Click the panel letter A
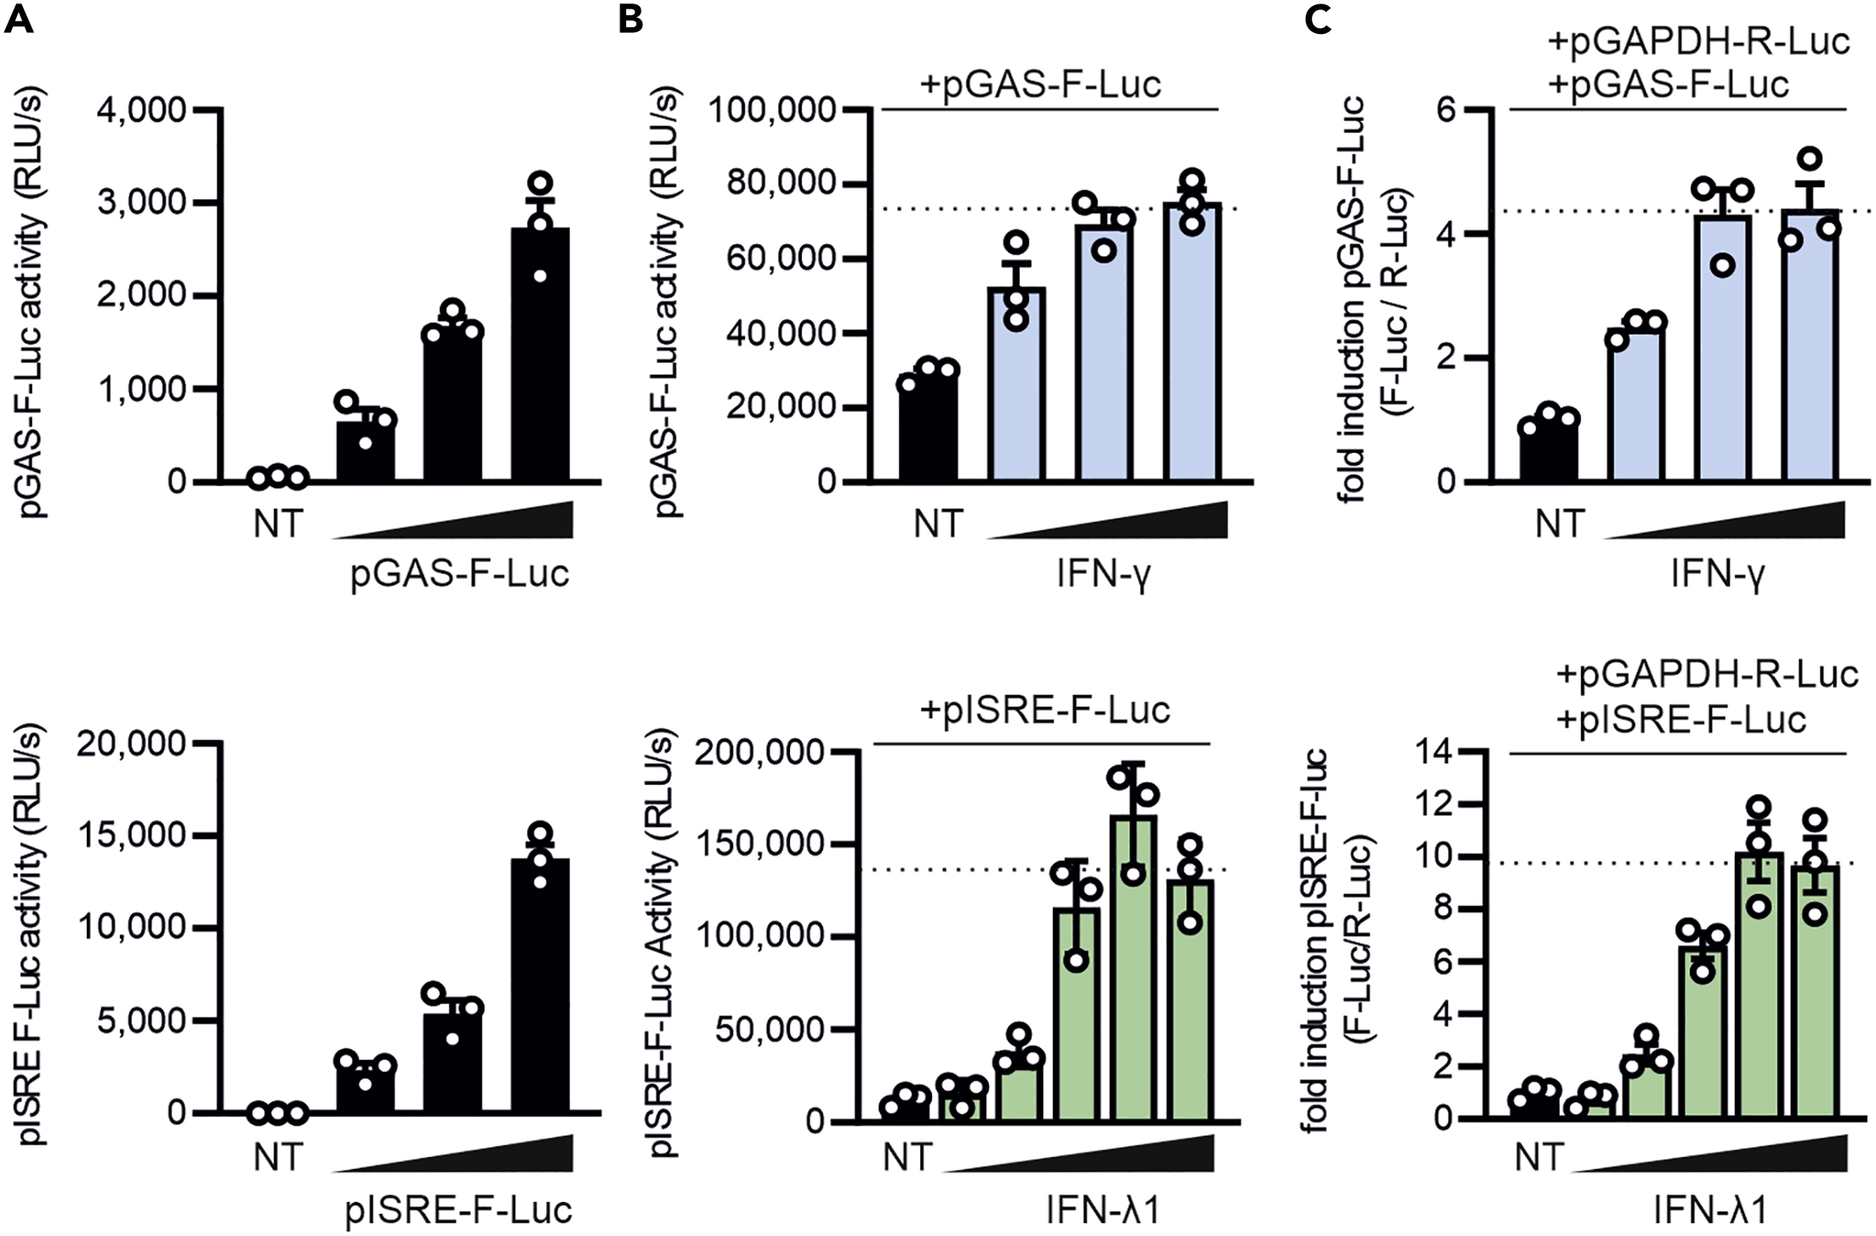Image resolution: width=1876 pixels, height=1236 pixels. pos(19,19)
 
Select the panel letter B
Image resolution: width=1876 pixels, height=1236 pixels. pos(630,19)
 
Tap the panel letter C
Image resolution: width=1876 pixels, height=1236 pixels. pos(1317,19)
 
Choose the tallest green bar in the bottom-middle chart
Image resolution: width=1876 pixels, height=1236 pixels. pos(1133,969)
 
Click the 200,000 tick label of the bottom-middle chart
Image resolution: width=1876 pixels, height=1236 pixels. pos(760,753)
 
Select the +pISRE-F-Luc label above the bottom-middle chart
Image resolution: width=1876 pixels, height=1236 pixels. pos(1045,711)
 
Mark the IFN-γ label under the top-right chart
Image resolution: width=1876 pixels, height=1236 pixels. pos(1718,575)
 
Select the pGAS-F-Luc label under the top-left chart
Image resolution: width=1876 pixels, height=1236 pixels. pos(460,575)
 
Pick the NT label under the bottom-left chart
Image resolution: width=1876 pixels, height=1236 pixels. pos(278,1157)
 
